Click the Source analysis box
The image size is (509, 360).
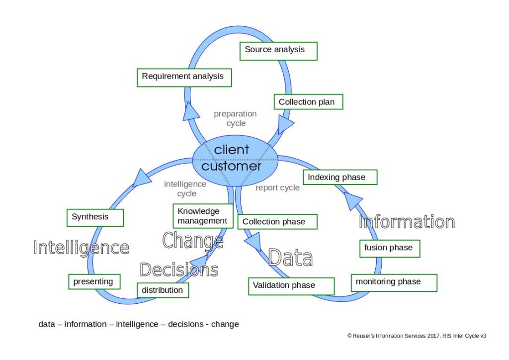tap(278, 51)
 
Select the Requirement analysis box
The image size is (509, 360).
tap(184, 77)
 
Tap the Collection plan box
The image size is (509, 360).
tap(308, 102)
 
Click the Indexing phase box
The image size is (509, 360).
tap(340, 178)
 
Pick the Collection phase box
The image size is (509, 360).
tap(277, 222)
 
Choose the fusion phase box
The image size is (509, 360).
tap(390, 248)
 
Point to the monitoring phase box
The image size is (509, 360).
tap(394, 282)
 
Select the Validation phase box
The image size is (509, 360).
tap(291, 286)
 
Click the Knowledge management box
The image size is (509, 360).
tap(203, 216)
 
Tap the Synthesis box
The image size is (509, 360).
tap(95, 217)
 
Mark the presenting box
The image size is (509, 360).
tap(94, 282)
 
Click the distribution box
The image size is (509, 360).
tap(163, 290)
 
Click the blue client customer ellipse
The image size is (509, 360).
tap(234, 158)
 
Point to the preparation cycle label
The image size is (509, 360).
tap(236, 118)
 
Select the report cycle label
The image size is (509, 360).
tap(277, 188)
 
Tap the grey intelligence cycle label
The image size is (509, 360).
tap(185, 189)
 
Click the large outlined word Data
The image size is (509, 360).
tap(290, 258)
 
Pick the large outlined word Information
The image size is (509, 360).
tap(407, 222)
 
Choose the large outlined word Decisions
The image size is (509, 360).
tap(179, 270)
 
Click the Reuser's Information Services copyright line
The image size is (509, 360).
tap(417, 336)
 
